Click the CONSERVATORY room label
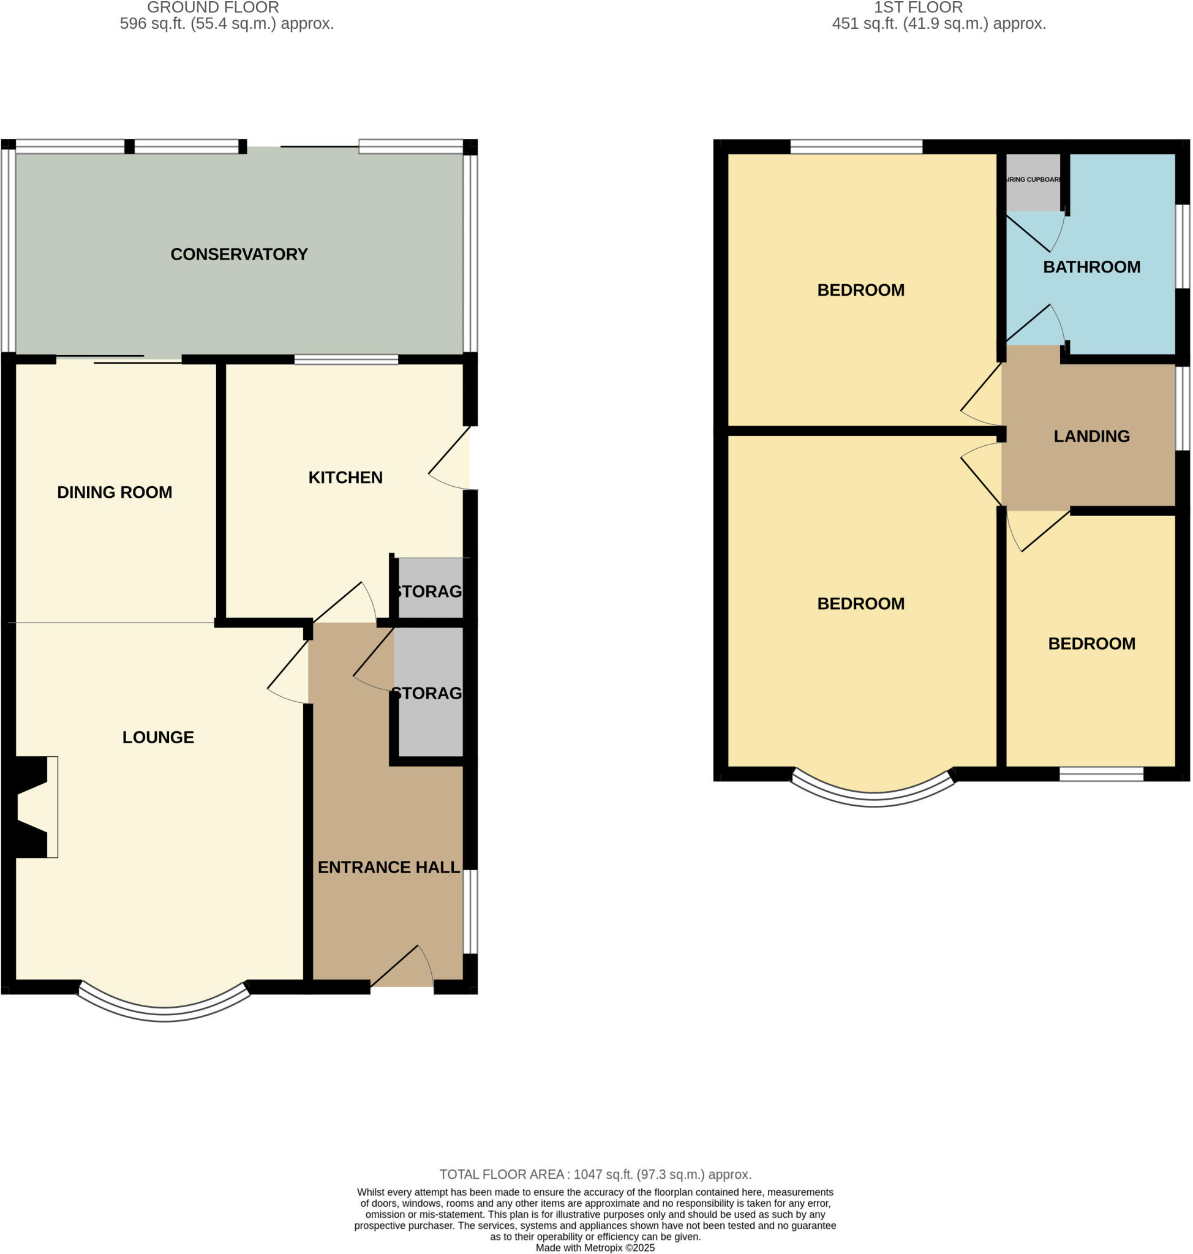point(238,254)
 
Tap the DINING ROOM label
point(115,492)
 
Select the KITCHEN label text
point(345,478)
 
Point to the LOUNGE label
point(158,737)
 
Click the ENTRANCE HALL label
point(388,868)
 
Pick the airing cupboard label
point(1033,180)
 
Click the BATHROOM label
point(1091,267)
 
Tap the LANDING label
point(1091,436)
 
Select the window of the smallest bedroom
point(1101,774)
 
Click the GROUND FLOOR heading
point(213,7)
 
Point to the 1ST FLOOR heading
point(917,7)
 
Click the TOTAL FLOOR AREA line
point(595,1174)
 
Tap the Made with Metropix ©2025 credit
point(595,1248)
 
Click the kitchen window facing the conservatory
point(346,360)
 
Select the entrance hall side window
point(470,912)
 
